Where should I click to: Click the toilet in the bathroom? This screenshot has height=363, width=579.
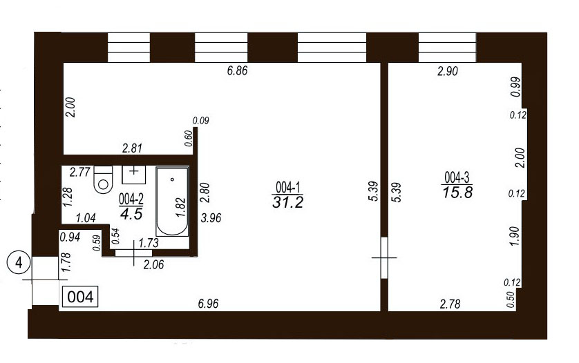tap(103, 179)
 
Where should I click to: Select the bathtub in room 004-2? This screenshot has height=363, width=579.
tap(172, 202)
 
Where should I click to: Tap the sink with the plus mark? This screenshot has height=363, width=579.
tap(133, 175)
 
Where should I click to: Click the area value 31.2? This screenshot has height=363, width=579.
tap(287, 202)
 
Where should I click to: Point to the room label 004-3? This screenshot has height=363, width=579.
tap(457, 178)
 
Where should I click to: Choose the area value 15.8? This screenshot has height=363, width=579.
tap(457, 193)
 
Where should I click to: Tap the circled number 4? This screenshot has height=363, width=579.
tap(19, 263)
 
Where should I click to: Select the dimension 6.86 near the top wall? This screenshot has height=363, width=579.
tap(237, 70)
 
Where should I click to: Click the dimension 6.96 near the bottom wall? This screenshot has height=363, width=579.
tap(208, 304)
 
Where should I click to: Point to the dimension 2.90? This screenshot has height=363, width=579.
tap(448, 71)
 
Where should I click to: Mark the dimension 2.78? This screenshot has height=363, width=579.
tap(450, 304)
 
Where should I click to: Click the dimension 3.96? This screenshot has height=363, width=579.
tap(211, 217)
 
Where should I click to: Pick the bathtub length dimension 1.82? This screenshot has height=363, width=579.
tap(180, 208)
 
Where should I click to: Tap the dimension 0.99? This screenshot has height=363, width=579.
tap(516, 87)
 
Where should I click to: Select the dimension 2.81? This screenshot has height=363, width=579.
tap(132, 148)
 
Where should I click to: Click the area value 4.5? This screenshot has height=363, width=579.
tap(131, 215)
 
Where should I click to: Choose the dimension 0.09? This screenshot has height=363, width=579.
tap(201, 120)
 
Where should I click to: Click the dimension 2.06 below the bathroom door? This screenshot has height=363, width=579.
tap(153, 264)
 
